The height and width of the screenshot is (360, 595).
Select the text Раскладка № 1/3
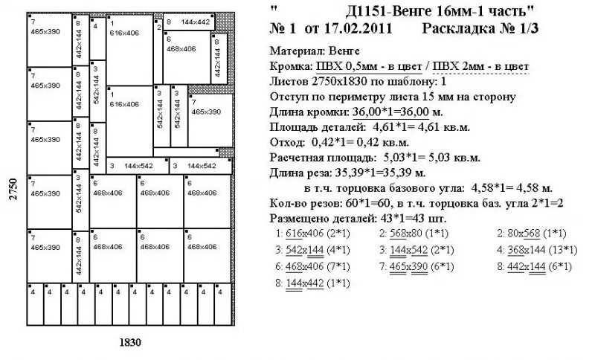[479, 29]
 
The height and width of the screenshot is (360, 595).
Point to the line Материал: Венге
[315, 51]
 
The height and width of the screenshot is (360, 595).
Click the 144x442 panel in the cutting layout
[188, 22]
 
